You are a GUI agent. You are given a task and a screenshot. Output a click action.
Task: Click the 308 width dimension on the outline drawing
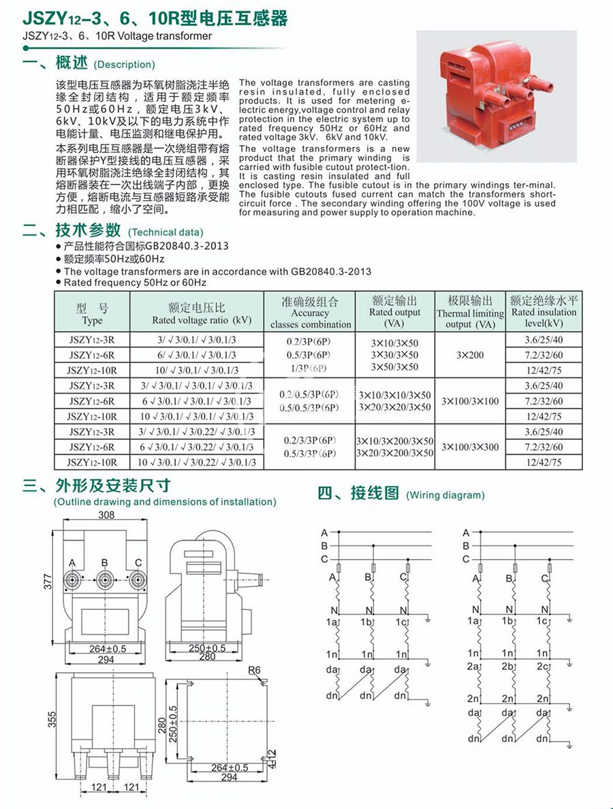(x=106, y=515)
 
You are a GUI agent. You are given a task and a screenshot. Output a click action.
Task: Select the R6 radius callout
(x=254, y=671)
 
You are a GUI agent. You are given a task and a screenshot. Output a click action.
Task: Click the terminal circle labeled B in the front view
(x=104, y=580)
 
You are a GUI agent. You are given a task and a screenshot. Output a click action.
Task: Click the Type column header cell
(x=92, y=313)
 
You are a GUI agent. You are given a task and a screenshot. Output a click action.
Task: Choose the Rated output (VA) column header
(x=395, y=312)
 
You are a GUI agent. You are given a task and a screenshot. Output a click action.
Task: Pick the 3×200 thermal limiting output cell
(x=470, y=355)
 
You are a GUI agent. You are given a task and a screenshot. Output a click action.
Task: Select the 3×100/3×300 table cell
(x=470, y=447)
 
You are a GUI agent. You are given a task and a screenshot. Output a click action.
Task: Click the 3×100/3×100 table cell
(x=470, y=401)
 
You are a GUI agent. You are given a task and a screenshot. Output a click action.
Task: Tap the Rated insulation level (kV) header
(x=544, y=312)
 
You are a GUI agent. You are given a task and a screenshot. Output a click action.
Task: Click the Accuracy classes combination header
(x=310, y=313)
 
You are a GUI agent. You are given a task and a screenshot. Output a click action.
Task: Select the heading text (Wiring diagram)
(x=445, y=495)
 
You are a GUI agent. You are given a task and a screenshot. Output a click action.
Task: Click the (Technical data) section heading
(x=165, y=232)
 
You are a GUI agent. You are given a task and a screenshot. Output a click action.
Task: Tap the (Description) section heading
(x=125, y=65)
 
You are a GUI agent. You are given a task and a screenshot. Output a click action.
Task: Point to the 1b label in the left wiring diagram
(x=366, y=622)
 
